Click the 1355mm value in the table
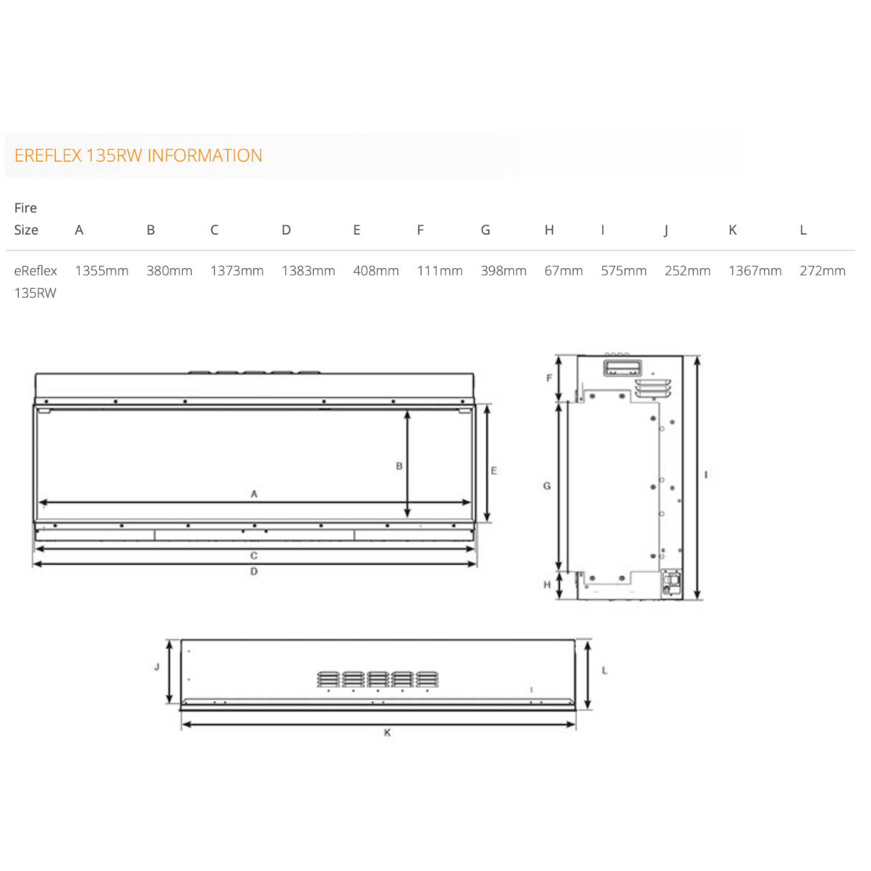point(102,271)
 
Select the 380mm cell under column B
point(169,271)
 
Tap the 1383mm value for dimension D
point(308,271)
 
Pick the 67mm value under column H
point(563,271)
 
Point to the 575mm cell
point(624,271)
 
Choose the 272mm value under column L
point(823,271)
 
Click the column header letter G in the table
point(485,230)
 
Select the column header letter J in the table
point(666,231)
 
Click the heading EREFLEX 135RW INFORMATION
point(138,156)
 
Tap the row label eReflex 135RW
point(36,282)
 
